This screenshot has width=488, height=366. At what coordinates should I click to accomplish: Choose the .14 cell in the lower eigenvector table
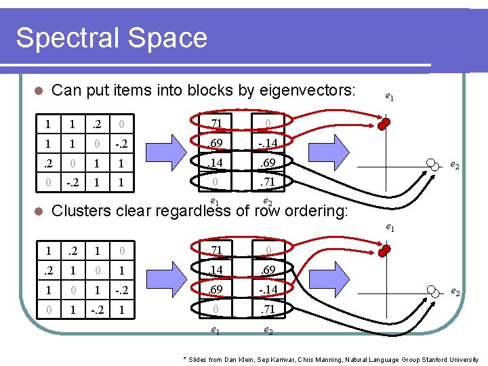(x=215, y=271)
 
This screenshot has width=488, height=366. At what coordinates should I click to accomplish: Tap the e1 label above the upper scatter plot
(x=390, y=98)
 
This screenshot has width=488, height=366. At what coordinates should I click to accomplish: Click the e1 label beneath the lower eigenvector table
(x=214, y=330)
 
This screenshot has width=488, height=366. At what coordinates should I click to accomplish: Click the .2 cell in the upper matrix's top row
(x=98, y=125)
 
